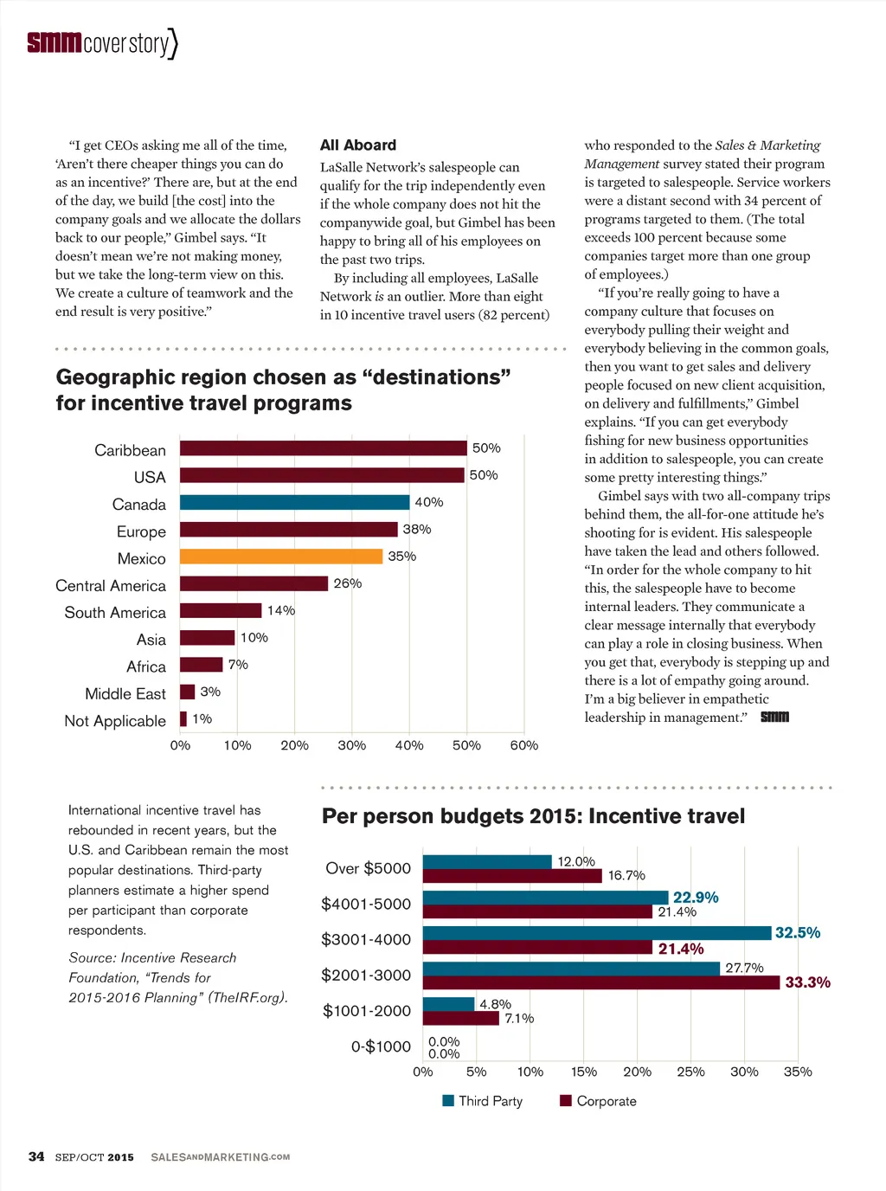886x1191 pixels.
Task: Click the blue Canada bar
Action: point(294,503)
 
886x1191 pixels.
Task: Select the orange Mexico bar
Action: point(281,557)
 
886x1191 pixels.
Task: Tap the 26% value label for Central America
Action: point(348,583)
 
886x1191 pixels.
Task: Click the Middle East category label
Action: point(125,694)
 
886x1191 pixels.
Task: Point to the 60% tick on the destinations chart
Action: point(523,745)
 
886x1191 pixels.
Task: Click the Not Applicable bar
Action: point(183,719)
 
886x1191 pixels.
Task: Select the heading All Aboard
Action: point(358,145)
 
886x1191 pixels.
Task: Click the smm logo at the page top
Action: point(54,42)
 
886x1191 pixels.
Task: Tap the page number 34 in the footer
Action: point(36,1156)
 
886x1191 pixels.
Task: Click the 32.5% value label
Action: point(798,933)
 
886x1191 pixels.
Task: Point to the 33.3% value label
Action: point(807,982)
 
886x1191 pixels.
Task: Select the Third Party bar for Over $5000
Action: point(487,862)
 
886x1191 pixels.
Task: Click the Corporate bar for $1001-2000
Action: point(461,1018)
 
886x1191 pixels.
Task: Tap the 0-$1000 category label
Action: point(381,1046)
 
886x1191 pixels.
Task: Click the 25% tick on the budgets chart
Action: point(690,1072)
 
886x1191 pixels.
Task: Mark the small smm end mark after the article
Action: point(774,717)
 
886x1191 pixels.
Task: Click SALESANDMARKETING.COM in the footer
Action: point(221,1157)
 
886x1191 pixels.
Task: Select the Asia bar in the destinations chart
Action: point(208,638)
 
